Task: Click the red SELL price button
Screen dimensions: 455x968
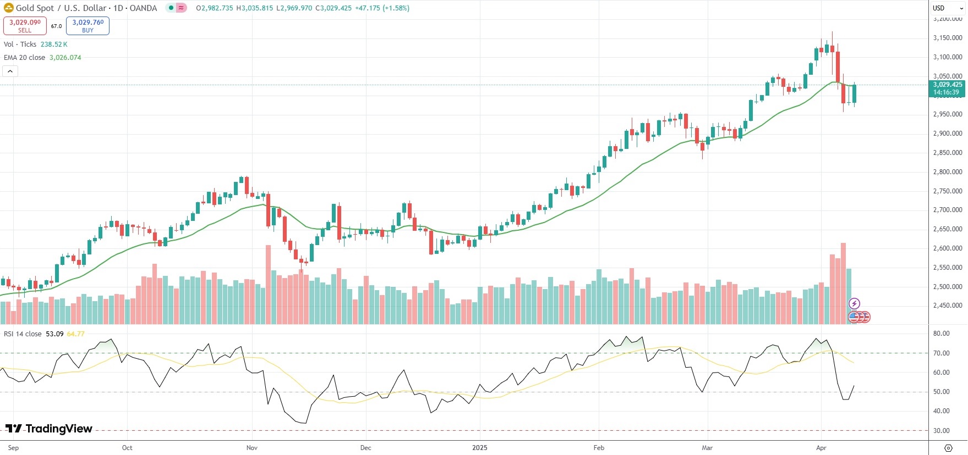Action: point(25,26)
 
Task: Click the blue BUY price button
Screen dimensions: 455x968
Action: point(87,26)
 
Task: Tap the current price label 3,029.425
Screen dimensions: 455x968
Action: point(948,85)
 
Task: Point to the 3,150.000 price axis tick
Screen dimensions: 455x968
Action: point(948,38)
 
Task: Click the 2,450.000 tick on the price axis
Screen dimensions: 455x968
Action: point(948,306)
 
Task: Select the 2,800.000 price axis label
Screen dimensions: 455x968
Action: point(948,172)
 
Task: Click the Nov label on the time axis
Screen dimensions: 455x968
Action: point(252,448)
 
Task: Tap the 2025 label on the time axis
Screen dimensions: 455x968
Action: point(480,448)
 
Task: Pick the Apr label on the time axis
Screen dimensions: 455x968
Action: point(821,448)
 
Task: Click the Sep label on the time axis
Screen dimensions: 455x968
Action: point(14,448)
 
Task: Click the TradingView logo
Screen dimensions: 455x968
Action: point(49,429)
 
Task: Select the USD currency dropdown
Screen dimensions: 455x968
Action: point(947,8)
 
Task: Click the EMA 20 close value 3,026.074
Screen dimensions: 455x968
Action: point(65,58)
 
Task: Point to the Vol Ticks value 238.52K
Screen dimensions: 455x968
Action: point(54,45)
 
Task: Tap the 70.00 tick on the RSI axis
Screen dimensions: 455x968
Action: point(942,353)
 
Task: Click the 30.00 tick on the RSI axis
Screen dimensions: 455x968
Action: point(942,431)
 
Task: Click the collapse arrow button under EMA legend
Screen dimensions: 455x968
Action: point(10,71)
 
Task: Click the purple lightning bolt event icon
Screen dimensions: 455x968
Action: point(854,303)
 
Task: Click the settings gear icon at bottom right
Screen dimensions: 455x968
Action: point(948,448)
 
